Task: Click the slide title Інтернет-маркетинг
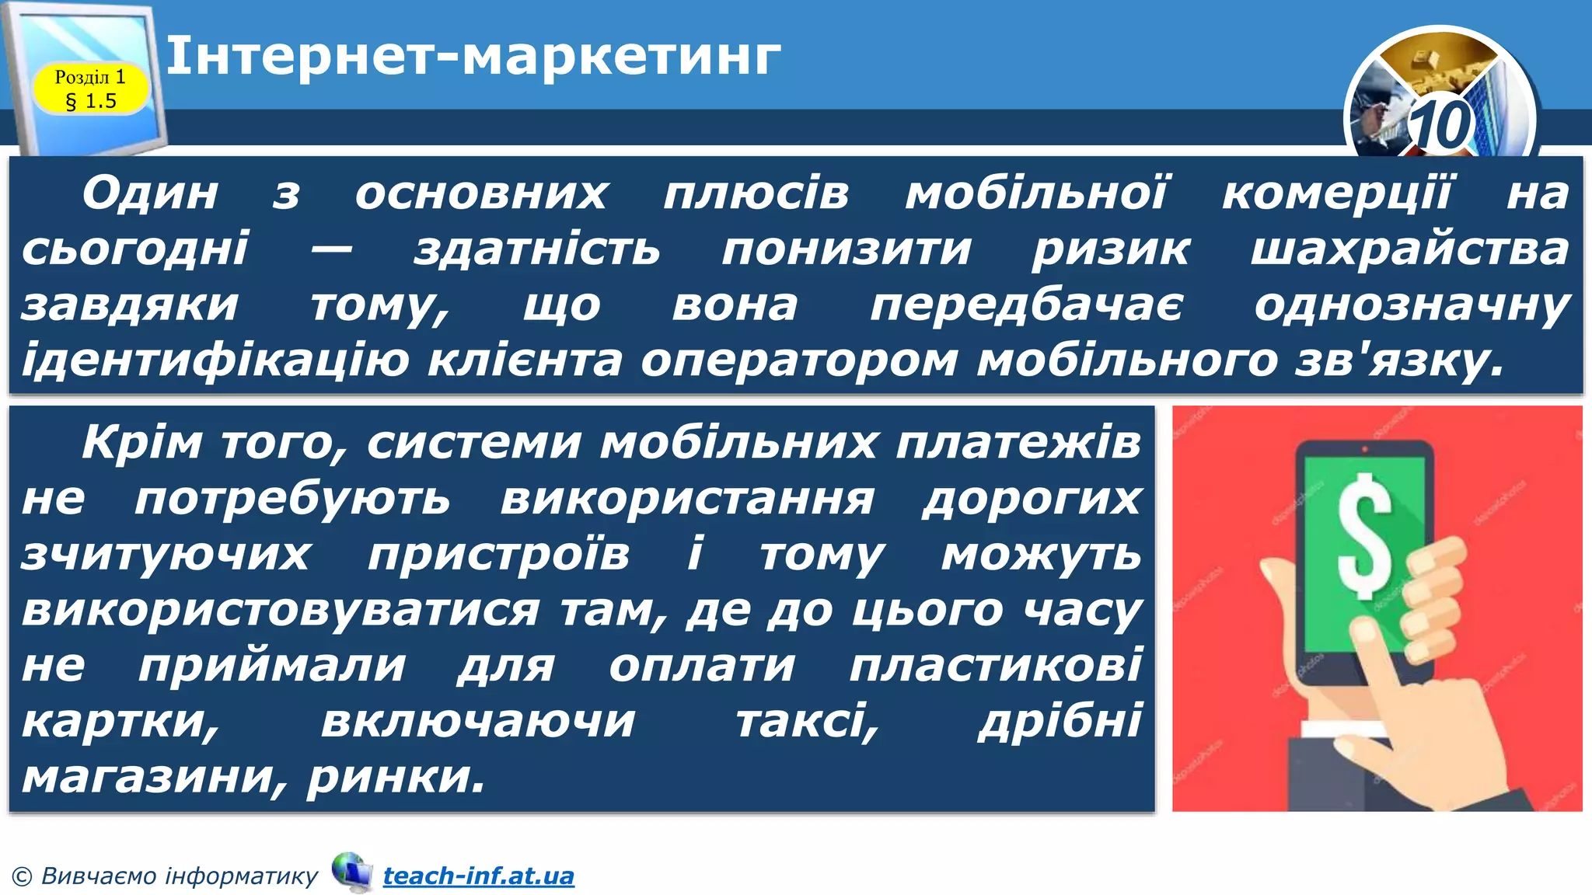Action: point(473,56)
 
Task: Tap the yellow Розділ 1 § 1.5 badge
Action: point(90,89)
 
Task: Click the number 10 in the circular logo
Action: point(1440,124)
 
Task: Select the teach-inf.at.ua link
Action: point(478,876)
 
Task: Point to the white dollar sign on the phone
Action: point(1365,535)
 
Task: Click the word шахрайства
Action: point(1409,249)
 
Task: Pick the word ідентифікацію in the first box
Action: point(215,360)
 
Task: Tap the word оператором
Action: point(799,360)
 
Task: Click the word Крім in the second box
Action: point(141,443)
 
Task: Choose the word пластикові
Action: point(995,666)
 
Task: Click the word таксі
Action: point(807,722)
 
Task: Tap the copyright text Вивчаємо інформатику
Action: point(179,876)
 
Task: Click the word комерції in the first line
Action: point(1335,193)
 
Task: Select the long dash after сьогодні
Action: point(331,249)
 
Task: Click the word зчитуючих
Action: point(166,555)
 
